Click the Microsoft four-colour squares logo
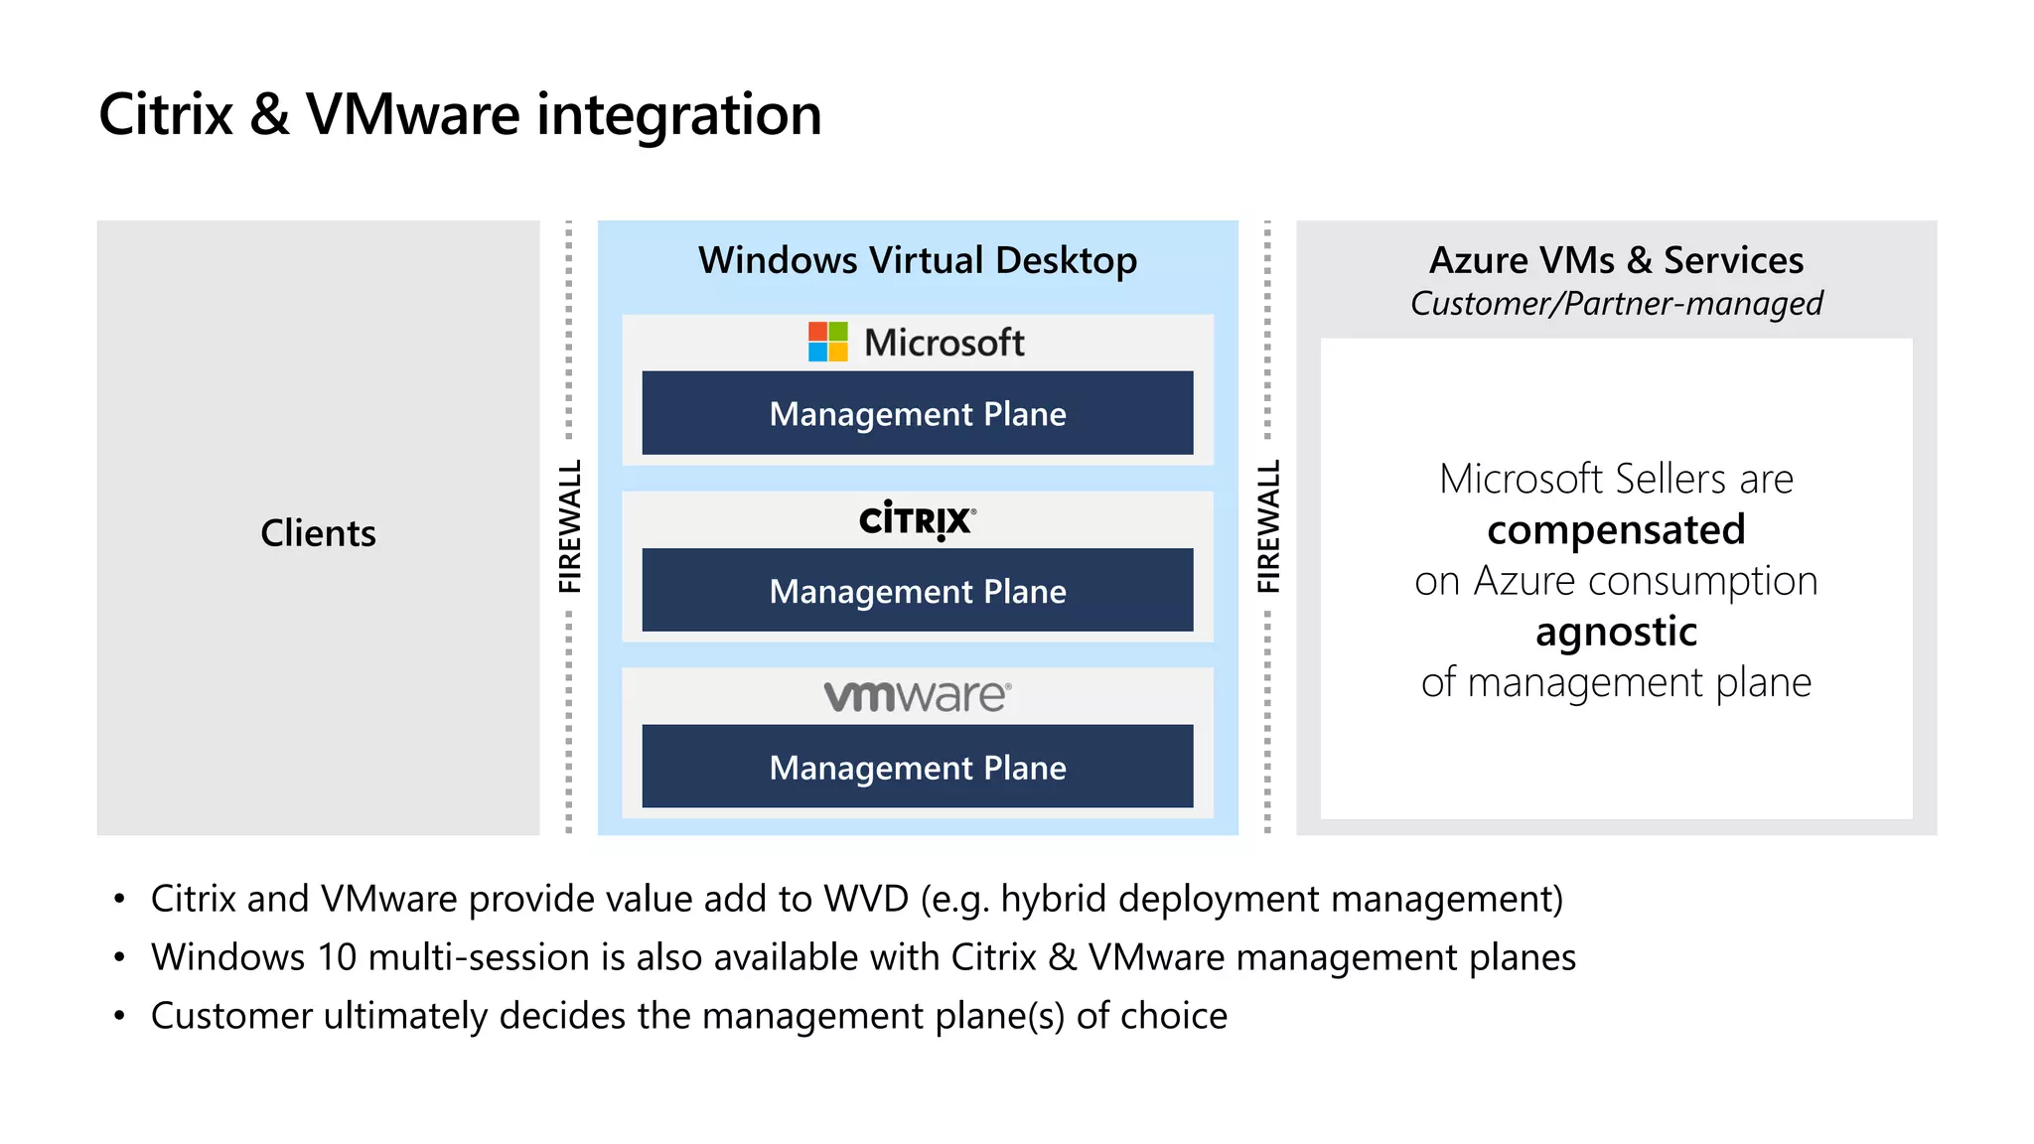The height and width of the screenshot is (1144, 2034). [827, 342]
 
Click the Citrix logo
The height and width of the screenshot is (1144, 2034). [917, 519]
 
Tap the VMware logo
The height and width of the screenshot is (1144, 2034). [917, 695]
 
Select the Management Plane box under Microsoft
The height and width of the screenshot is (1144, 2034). [917, 413]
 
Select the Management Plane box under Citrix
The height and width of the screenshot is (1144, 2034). [917, 590]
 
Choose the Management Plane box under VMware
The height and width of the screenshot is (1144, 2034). [917, 767]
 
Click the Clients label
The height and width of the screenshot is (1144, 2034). [318, 533]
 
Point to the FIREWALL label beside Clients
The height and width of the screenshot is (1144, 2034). [569, 526]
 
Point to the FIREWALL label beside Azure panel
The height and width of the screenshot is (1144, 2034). [1268, 526]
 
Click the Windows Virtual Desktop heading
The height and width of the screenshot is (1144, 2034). [917, 260]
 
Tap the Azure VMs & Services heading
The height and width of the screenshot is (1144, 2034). [1616, 260]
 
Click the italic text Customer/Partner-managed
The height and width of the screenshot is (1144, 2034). [1616, 303]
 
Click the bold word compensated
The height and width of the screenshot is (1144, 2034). [1616, 529]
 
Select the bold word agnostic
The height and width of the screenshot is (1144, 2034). [1616, 632]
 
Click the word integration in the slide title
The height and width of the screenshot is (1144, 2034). [679, 115]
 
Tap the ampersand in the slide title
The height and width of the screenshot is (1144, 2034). [269, 115]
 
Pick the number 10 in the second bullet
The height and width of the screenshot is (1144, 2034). [337, 957]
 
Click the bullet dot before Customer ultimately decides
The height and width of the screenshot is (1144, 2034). [119, 1016]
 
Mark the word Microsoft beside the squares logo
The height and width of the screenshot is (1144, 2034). [944, 343]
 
